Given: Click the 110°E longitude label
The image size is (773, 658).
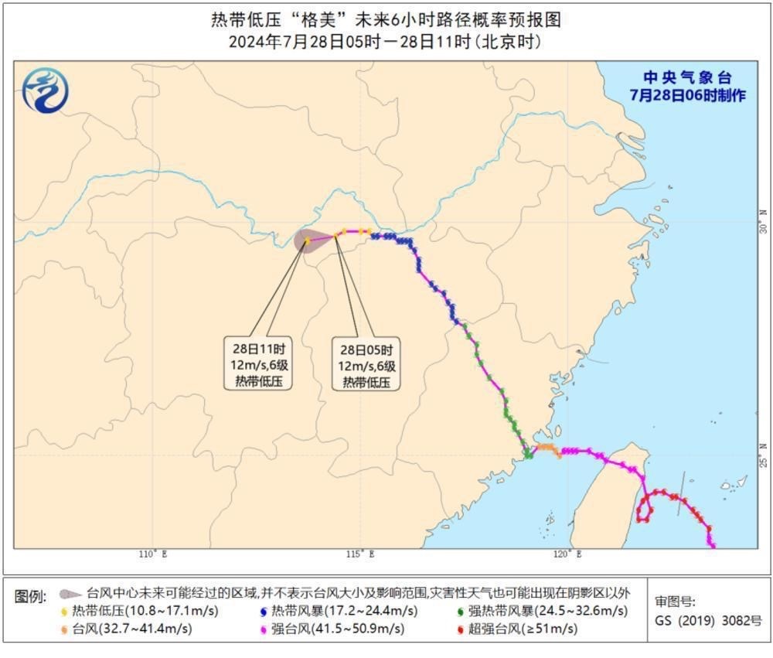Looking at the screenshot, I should [x=153, y=554].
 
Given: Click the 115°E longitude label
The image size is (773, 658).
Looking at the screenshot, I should [x=361, y=554].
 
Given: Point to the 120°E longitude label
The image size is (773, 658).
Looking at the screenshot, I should [x=568, y=554].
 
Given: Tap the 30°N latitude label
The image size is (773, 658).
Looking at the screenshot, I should [x=764, y=222].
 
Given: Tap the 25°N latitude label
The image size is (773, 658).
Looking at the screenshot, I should [x=764, y=453].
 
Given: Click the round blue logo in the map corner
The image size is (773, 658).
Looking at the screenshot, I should [x=45, y=90].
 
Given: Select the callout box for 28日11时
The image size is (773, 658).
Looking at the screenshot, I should [x=258, y=363].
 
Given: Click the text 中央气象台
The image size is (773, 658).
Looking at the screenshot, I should [x=687, y=77].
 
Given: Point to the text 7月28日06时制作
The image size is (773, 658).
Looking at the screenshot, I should [x=687, y=95].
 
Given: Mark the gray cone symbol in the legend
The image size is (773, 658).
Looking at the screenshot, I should [x=70, y=594].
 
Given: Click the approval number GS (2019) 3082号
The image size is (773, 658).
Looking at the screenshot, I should [x=709, y=620].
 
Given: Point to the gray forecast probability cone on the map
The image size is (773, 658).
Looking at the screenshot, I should [x=312, y=240].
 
